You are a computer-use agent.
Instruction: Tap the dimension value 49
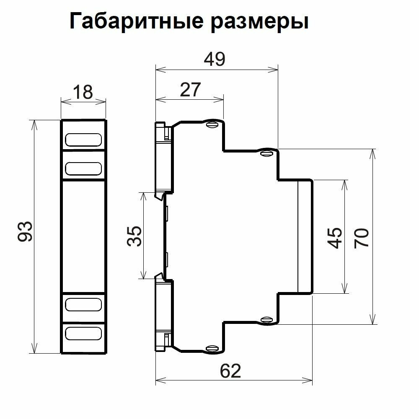(x=214, y=60)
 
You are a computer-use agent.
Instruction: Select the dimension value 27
(x=190, y=90)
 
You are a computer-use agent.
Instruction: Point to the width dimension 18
(x=83, y=92)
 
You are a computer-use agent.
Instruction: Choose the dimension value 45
(x=336, y=238)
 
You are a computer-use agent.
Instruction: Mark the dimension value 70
(x=362, y=238)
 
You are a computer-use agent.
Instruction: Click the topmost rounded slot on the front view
(x=83, y=140)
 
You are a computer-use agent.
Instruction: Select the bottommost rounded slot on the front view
(x=83, y=334)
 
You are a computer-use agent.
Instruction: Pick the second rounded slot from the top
(x=83, y=168)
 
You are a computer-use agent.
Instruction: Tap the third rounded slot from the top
(x=83, y=305)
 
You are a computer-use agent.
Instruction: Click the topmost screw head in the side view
(x=213, y=124)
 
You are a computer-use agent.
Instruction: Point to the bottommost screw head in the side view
(x=213, y=347)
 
